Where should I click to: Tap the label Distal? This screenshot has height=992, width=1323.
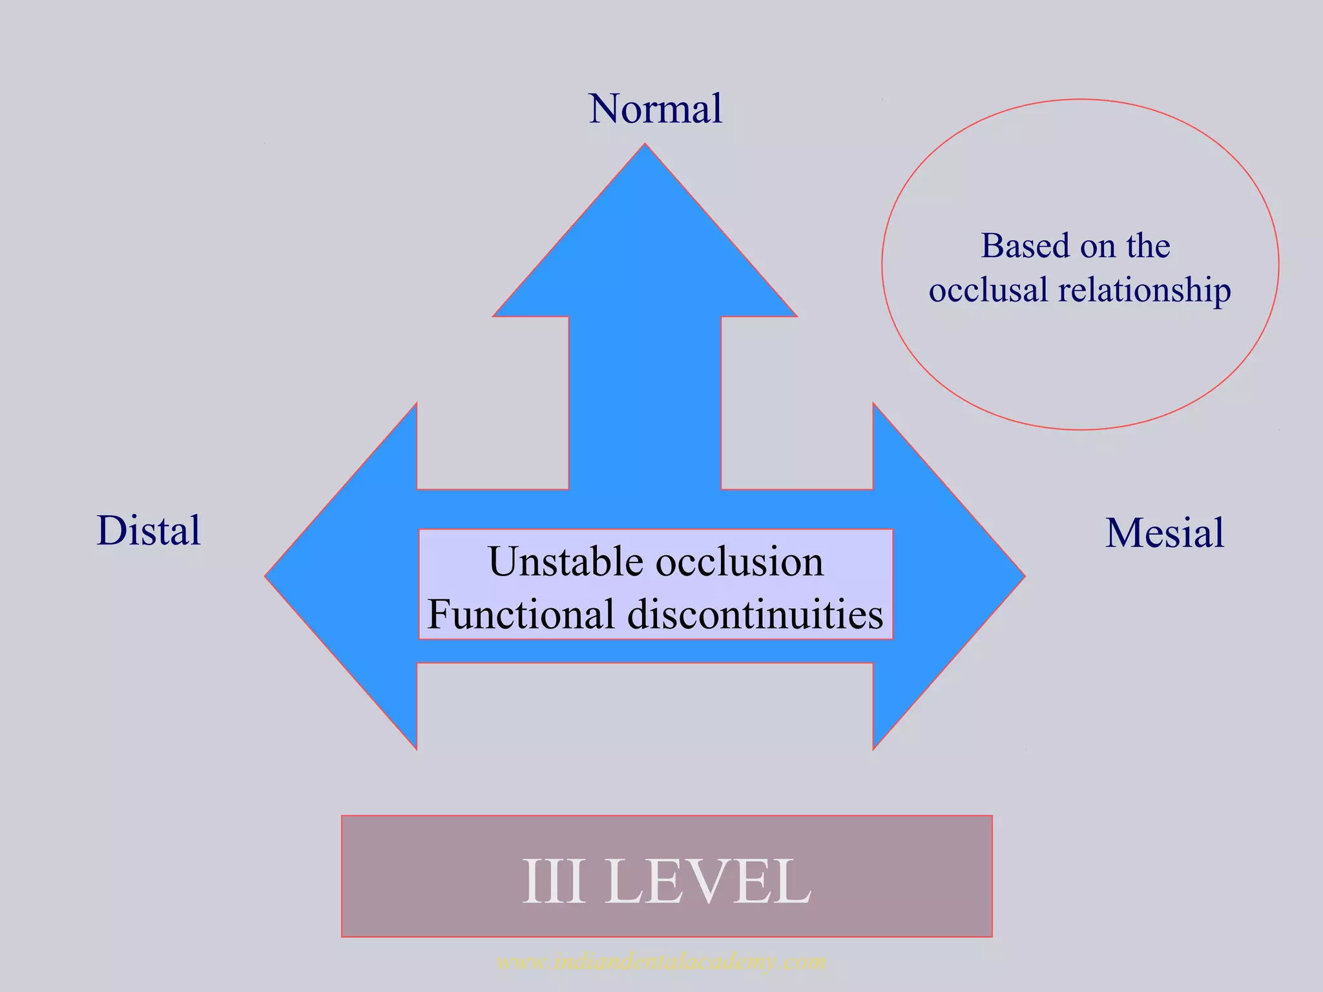tap(149, 531)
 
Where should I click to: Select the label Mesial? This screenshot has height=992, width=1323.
tap(1164, 533)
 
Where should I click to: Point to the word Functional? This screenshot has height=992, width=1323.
tap(521, 614)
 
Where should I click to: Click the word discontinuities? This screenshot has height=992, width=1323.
tap(755, 614)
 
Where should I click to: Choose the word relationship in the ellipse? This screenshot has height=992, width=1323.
tap(1144, 289)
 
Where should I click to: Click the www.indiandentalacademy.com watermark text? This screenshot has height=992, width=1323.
tap(661, 962)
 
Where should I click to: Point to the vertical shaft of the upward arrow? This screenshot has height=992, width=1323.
tap(645, 400)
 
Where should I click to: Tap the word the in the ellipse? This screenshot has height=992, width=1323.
tap(1148, 246)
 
